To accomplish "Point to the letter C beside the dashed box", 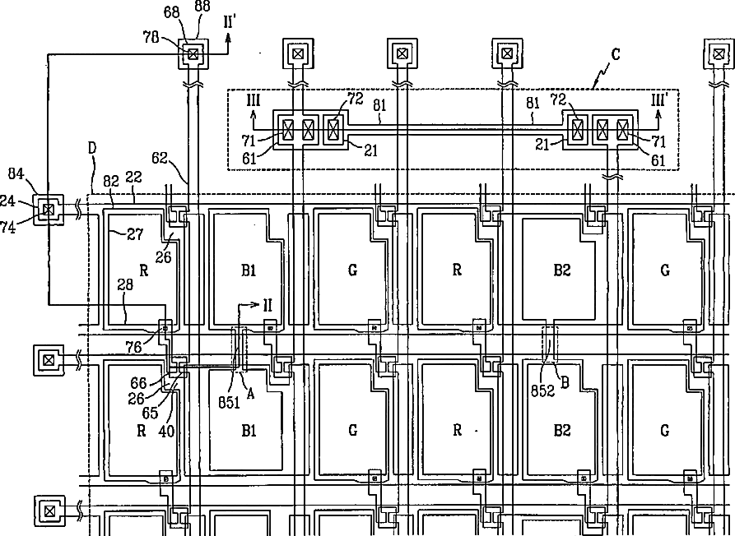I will pyautogui.click(x=615, y=55).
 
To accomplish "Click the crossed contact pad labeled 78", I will pyautogui.click(x=193, y=55).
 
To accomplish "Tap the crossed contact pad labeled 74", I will pyautogui.click(x=49, y=210).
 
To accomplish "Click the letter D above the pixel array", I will pyautogui.click(x=92, y=148).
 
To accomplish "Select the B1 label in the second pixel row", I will pyautogui.click(x=249, y=429).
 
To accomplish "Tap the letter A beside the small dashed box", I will pyautogui.click(x=252, y=393).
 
